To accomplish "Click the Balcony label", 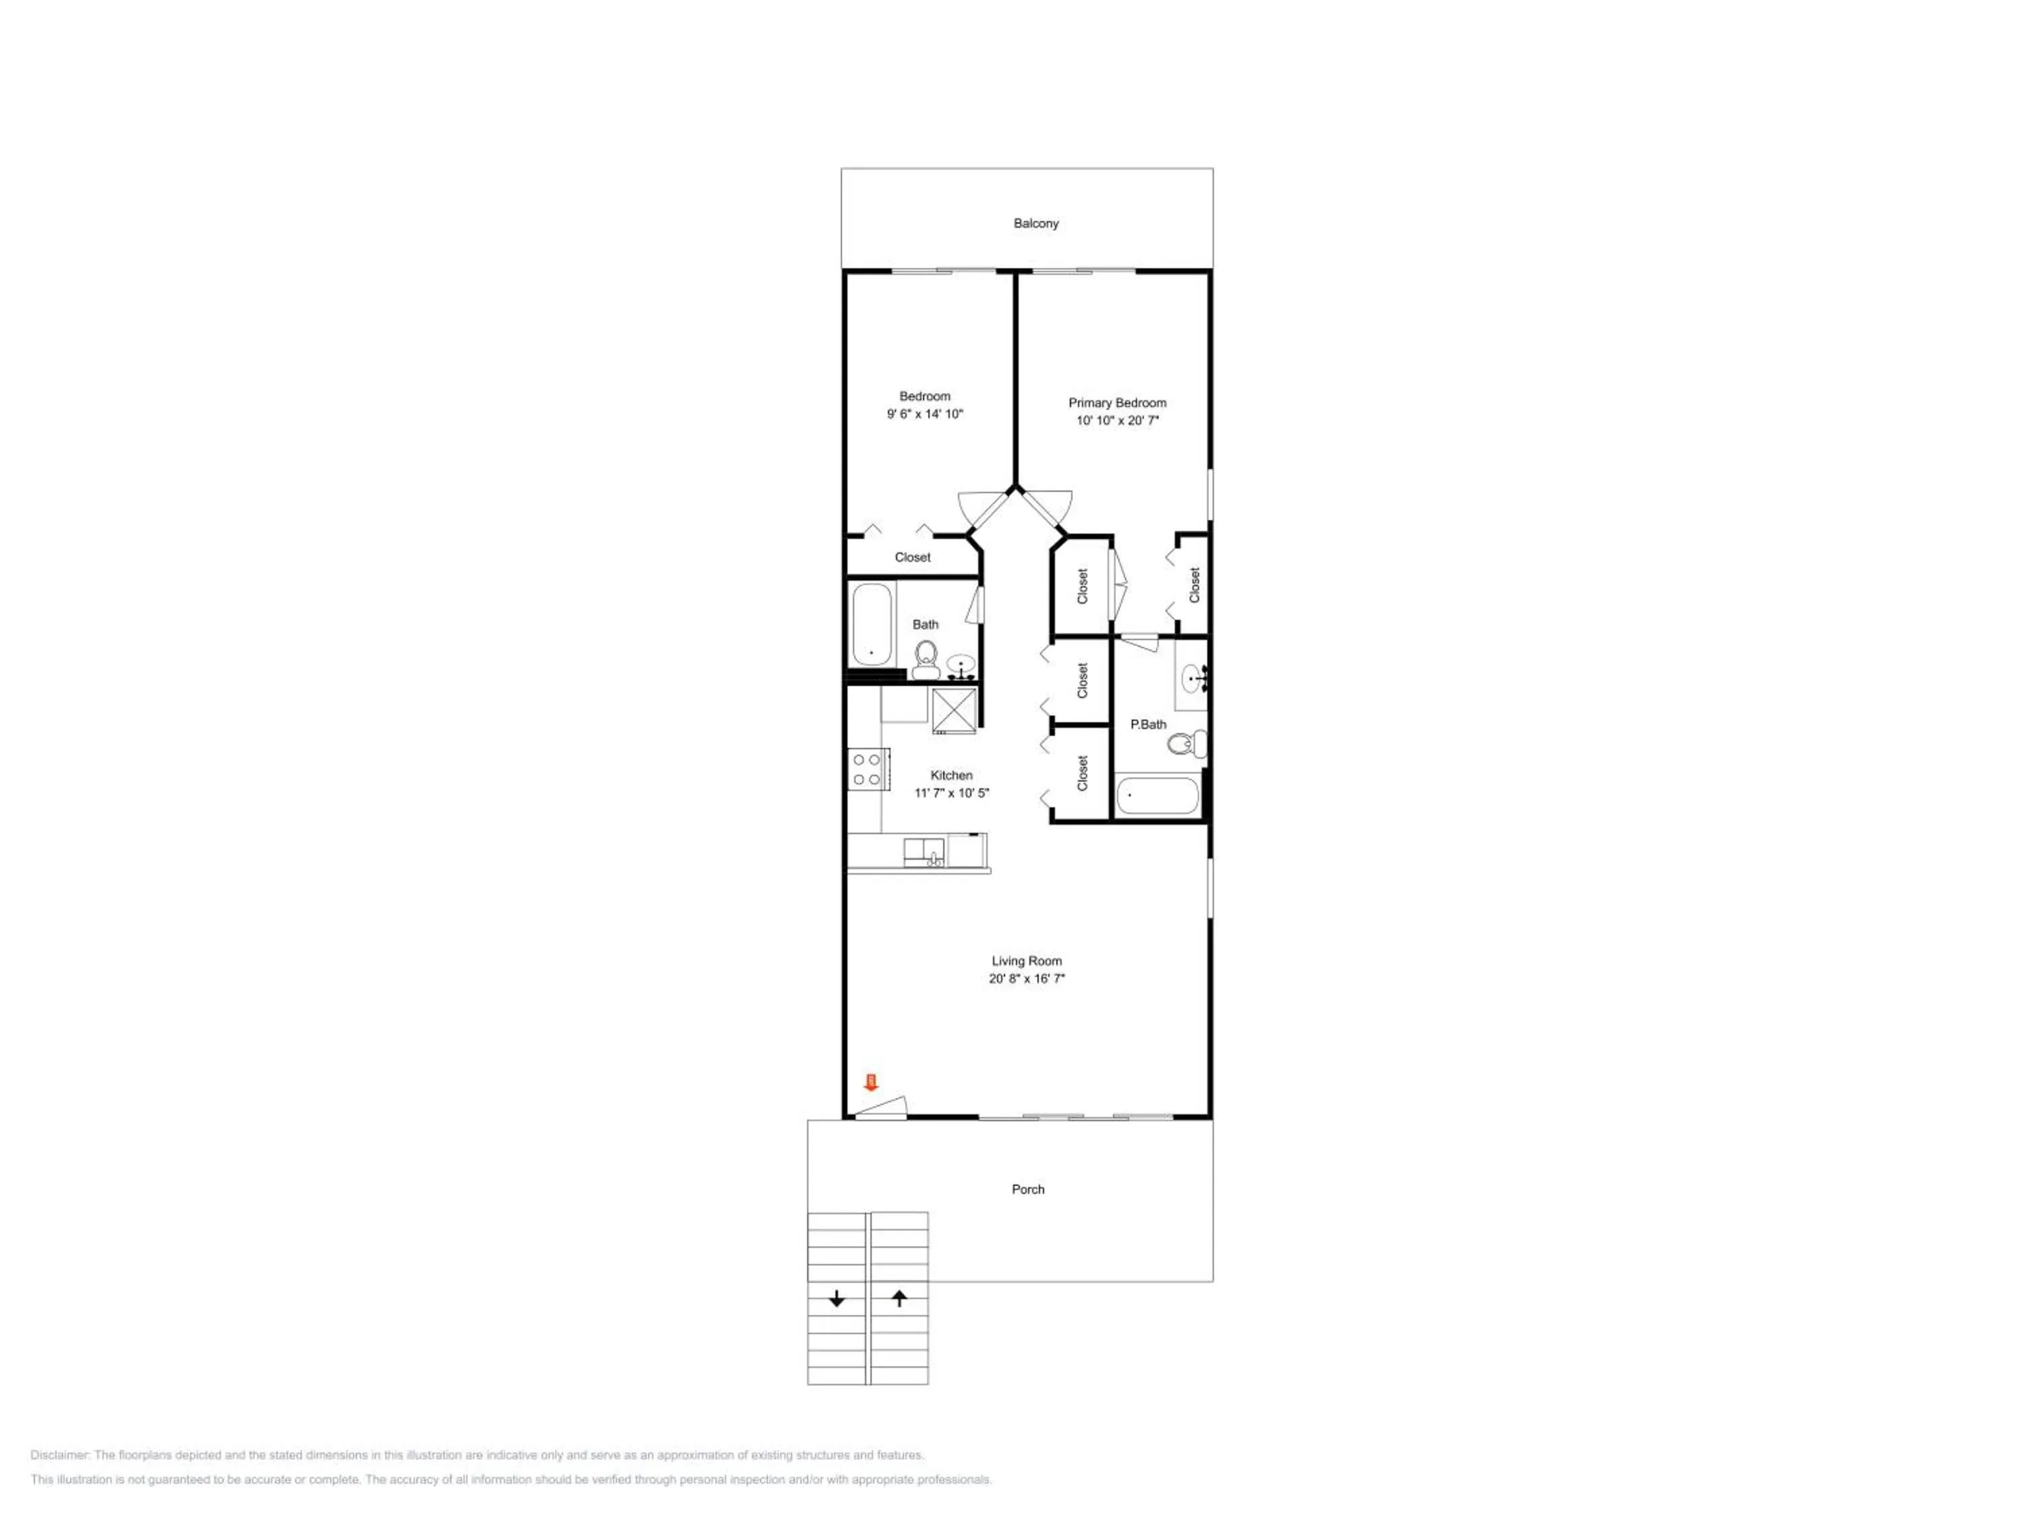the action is (1035, 223).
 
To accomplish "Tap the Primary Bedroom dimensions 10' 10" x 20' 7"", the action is (1118, 420).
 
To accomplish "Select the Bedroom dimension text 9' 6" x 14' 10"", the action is (925, 414).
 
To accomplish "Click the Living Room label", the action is (1027, 960).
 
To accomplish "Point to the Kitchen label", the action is (951, 775).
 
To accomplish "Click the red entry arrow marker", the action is (870, 1083).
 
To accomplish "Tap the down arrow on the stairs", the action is (837, 1298).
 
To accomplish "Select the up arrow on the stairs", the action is (899, 1298).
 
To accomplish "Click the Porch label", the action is (1028, 1189).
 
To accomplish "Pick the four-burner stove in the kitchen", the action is (868, 769).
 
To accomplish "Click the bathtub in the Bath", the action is (872, 625).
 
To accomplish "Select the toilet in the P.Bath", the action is (1187, 744).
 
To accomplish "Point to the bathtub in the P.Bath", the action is (1157, 796).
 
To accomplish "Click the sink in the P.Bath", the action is (1194, 678).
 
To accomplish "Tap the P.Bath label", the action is (1149, 724).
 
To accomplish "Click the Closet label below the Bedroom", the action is (913, 557).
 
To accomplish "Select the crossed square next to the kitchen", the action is (954, 711).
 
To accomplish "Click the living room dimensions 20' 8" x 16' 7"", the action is (1027, 978).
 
